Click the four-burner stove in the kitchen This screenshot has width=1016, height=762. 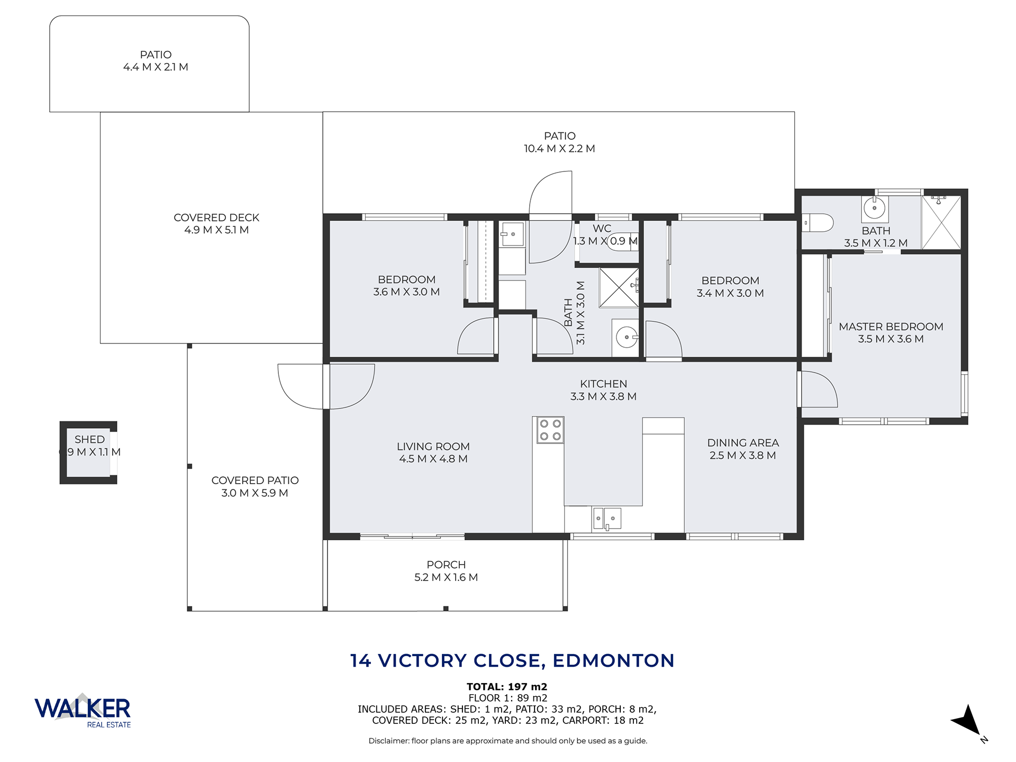[x=550, y=430]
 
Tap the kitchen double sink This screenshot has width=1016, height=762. [x=606, y=519]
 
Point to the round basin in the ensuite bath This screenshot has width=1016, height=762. [x=874, y=208]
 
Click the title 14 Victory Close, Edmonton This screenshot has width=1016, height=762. [x=512, y=660]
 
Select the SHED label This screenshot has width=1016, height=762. [x=89, y=439]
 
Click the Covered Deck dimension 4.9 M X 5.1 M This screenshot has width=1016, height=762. [x=216, y=230]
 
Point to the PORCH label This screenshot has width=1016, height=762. [x=446, y=565]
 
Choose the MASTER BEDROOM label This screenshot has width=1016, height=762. [x=891, y=326]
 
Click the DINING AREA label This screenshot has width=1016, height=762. [x=743, y=443]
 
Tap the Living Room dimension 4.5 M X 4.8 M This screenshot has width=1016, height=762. [x=433, y=459]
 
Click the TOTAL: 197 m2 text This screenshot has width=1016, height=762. [x=507, y=687]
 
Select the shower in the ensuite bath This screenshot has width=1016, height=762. [x=941, y=222]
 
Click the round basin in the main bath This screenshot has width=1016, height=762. [x=627, y=337]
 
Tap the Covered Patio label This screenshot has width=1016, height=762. [x=255, y=480]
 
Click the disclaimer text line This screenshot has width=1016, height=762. [x=508, y=741]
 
